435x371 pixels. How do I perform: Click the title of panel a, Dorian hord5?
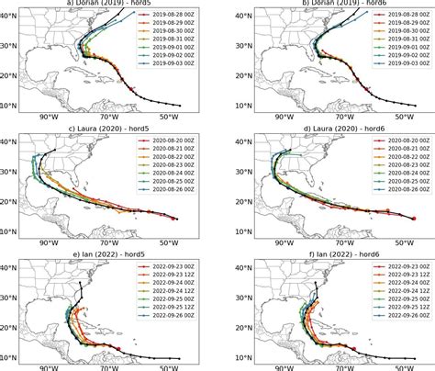click(108, 4)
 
